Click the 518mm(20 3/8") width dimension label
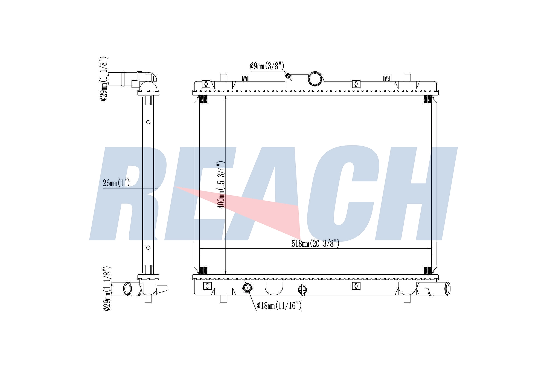[x=315, y=243]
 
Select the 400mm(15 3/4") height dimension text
[x=221, y=184]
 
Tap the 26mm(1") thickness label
[x=116, y=183]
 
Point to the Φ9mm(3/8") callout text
[x=267, y=66]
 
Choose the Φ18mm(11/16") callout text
[x=279, y=306]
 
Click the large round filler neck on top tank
[x=316, y=78]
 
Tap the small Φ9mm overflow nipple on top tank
[x=288, y=76]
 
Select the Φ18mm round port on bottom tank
[x=247, y=288]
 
